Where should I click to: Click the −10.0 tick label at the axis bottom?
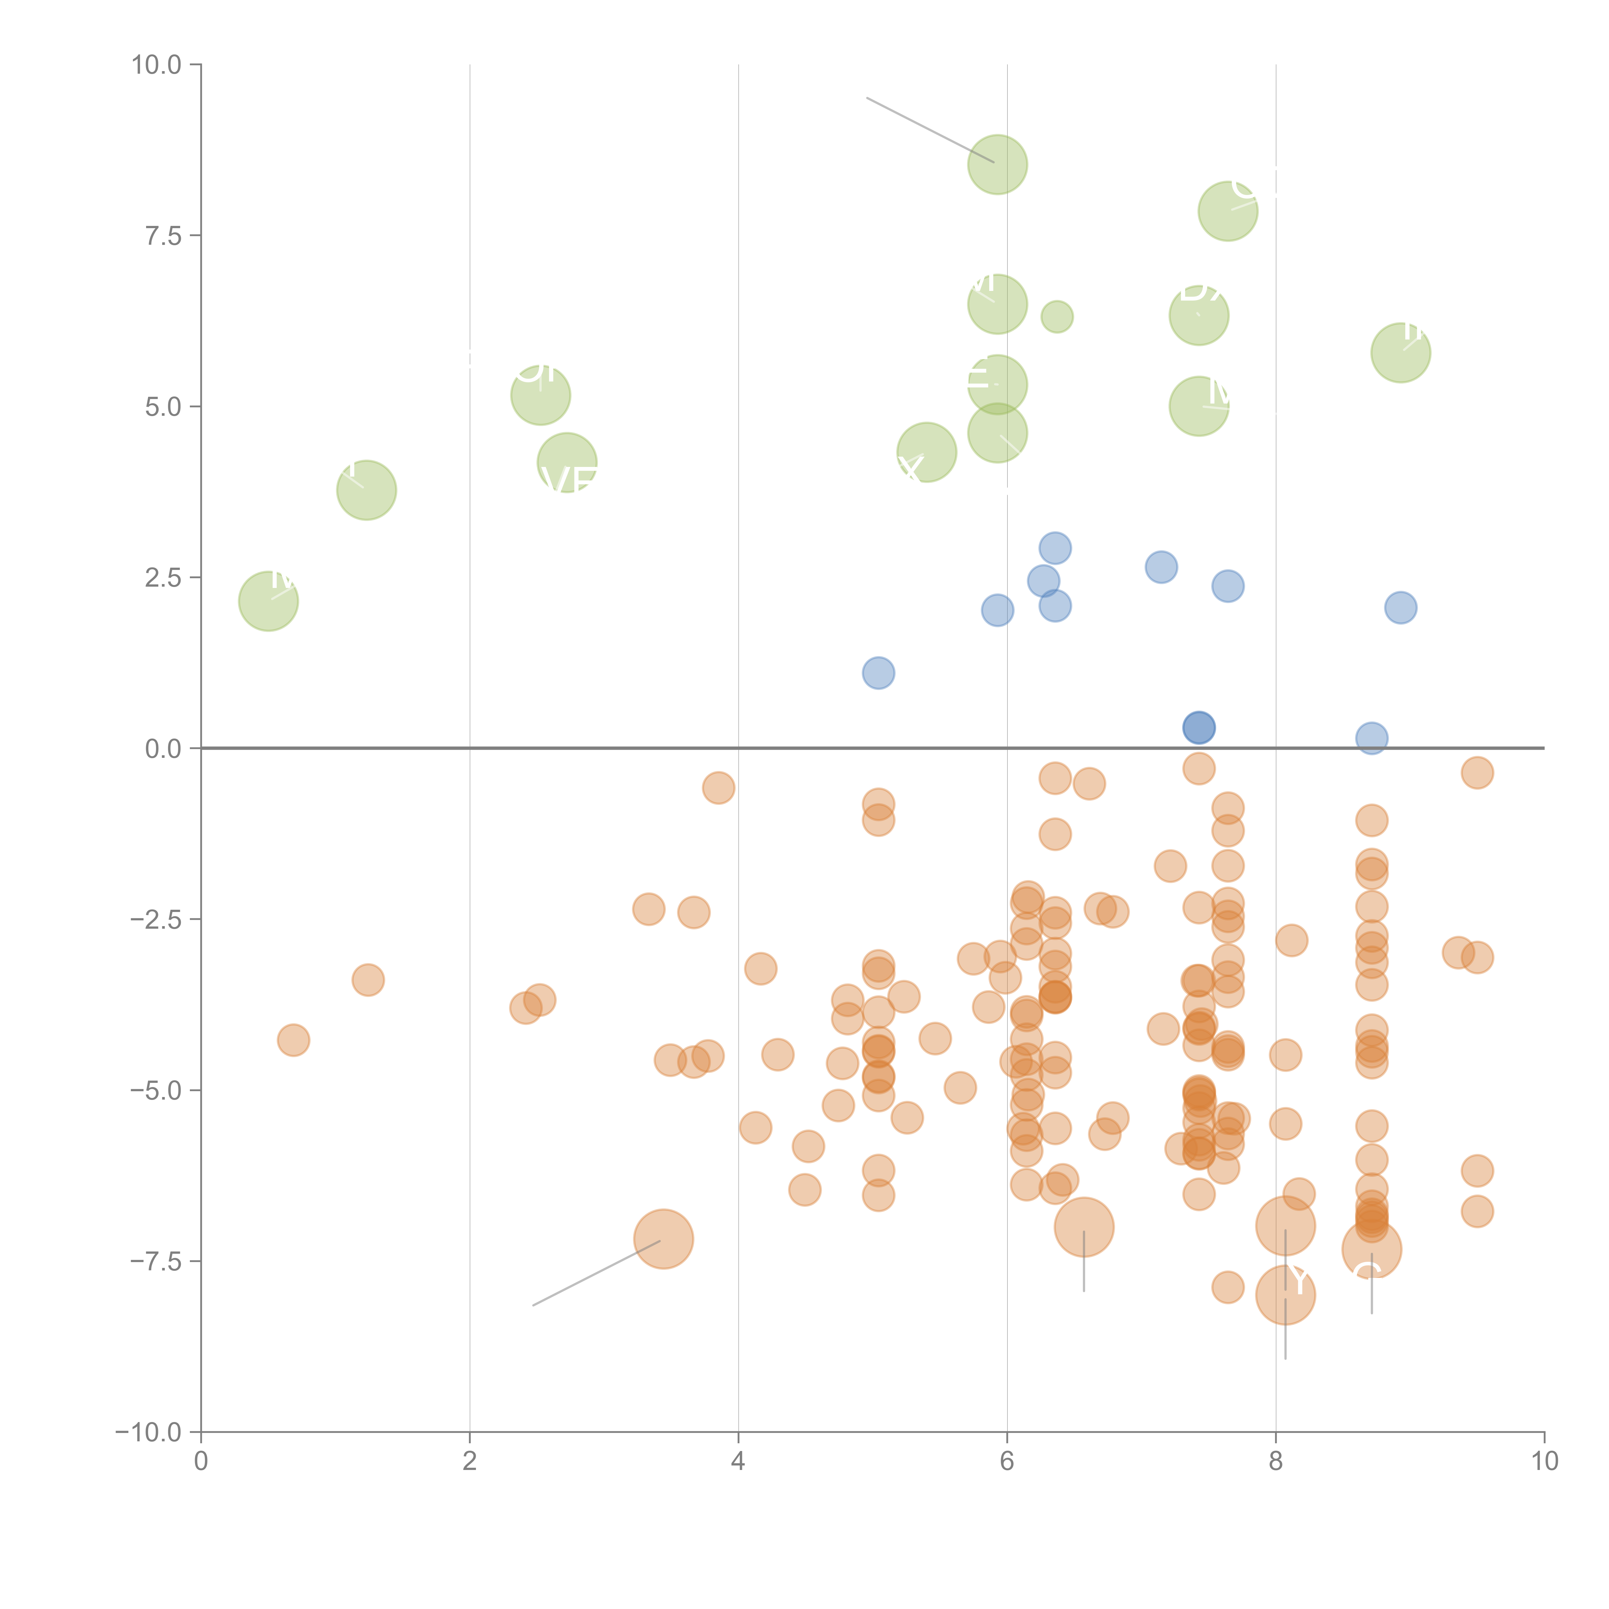tap(148, 1432)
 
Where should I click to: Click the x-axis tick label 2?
tap(470, 1462)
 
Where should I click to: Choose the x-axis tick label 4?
tap(738, 1462)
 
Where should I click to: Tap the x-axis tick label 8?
tap(1276, 1462)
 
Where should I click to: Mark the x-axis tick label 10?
tap(1544, 1462)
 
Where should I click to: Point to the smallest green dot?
tap(1057, 316)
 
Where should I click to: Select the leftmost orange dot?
tap(293, 1040)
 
